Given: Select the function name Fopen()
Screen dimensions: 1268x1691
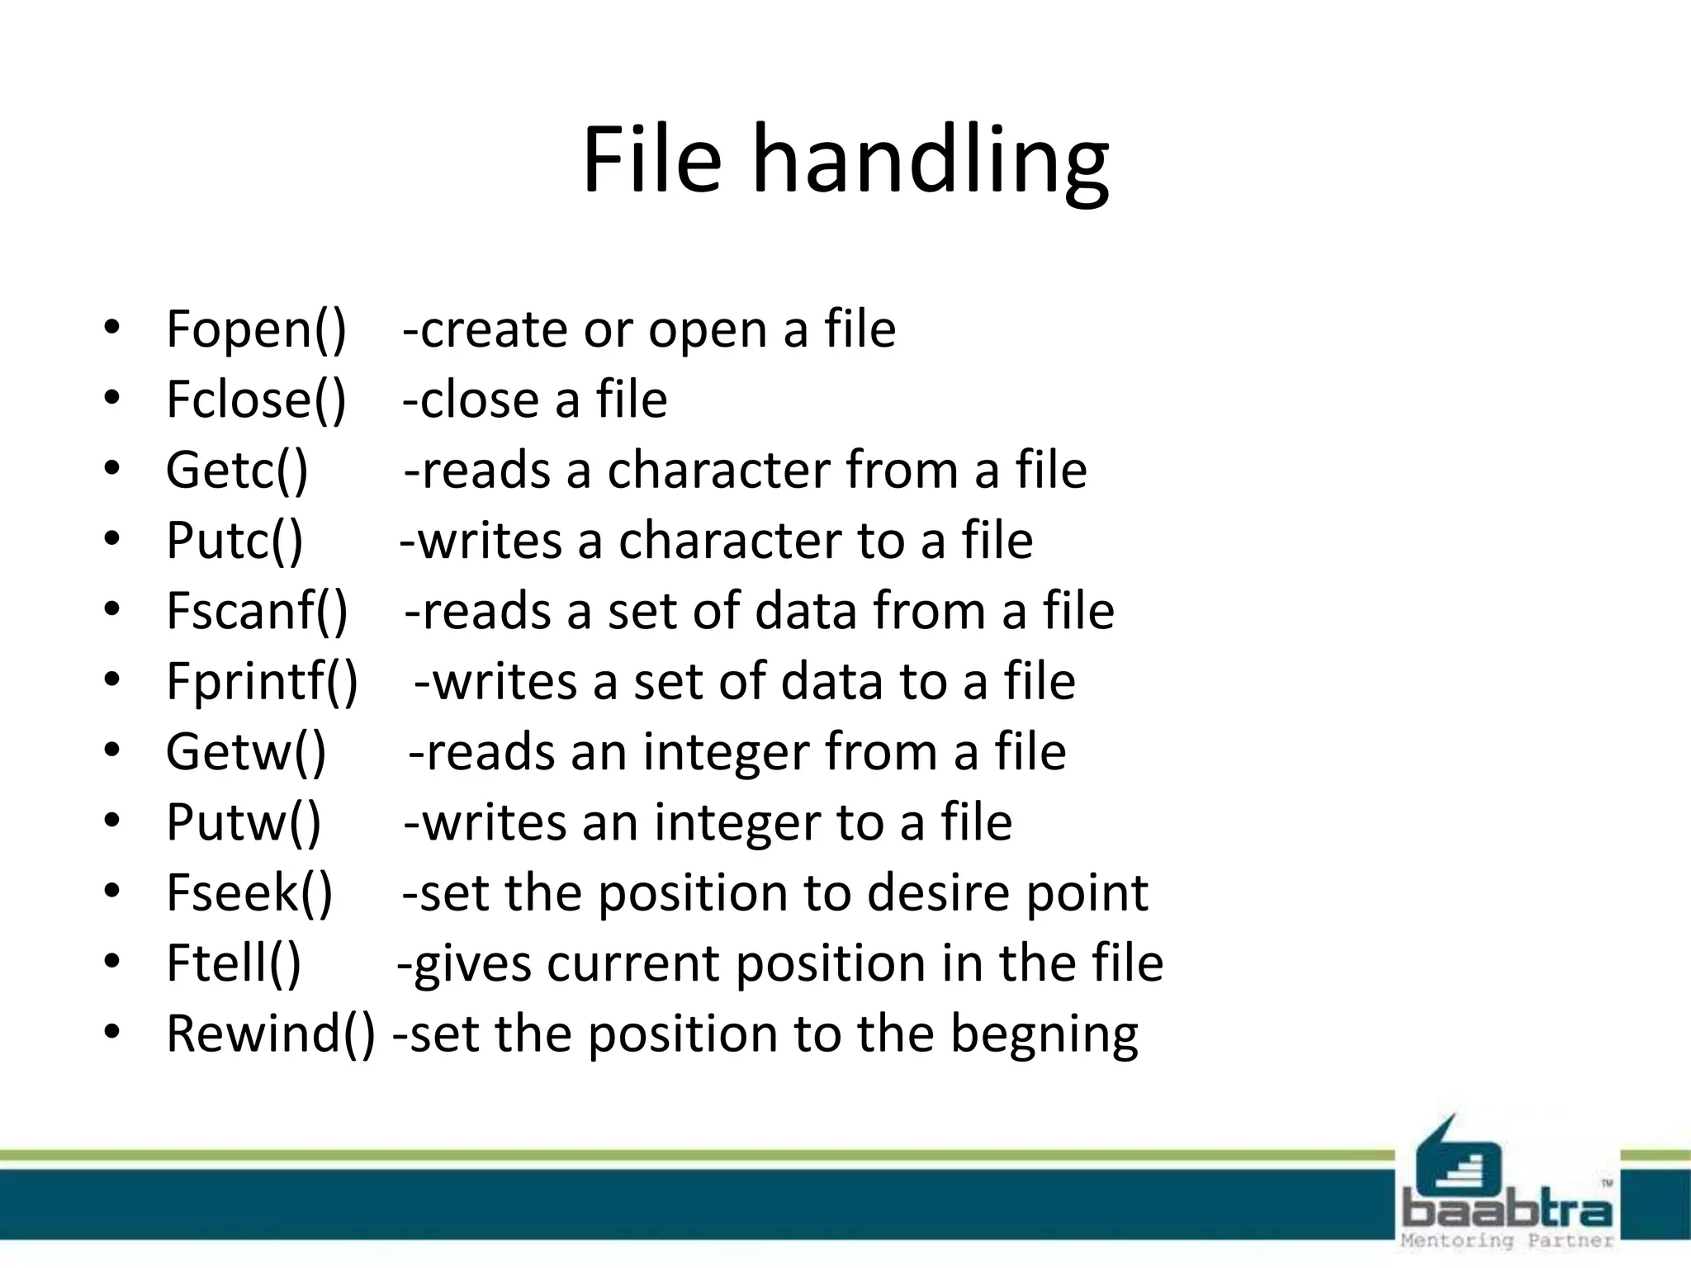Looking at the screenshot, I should (256, 329).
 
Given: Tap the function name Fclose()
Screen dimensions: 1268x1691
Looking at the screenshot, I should (256, 400).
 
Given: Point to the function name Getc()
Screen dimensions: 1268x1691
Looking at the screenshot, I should (237, 471).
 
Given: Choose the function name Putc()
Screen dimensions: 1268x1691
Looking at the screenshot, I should (234, 541).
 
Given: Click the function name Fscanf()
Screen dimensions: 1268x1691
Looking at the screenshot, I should (257, 611).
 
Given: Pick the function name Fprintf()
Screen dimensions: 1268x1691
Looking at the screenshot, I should (262, 682).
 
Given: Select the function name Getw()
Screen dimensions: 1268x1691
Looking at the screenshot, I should (246, 752).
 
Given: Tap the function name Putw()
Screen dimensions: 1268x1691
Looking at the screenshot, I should (244, 822).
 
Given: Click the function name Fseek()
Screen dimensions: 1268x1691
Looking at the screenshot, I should (249, 893).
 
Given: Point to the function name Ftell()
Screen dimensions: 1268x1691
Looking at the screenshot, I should (234, 963).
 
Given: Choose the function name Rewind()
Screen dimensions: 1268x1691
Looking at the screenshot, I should (270, 1034).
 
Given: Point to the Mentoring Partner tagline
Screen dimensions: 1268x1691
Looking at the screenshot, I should (1507, 1241).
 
